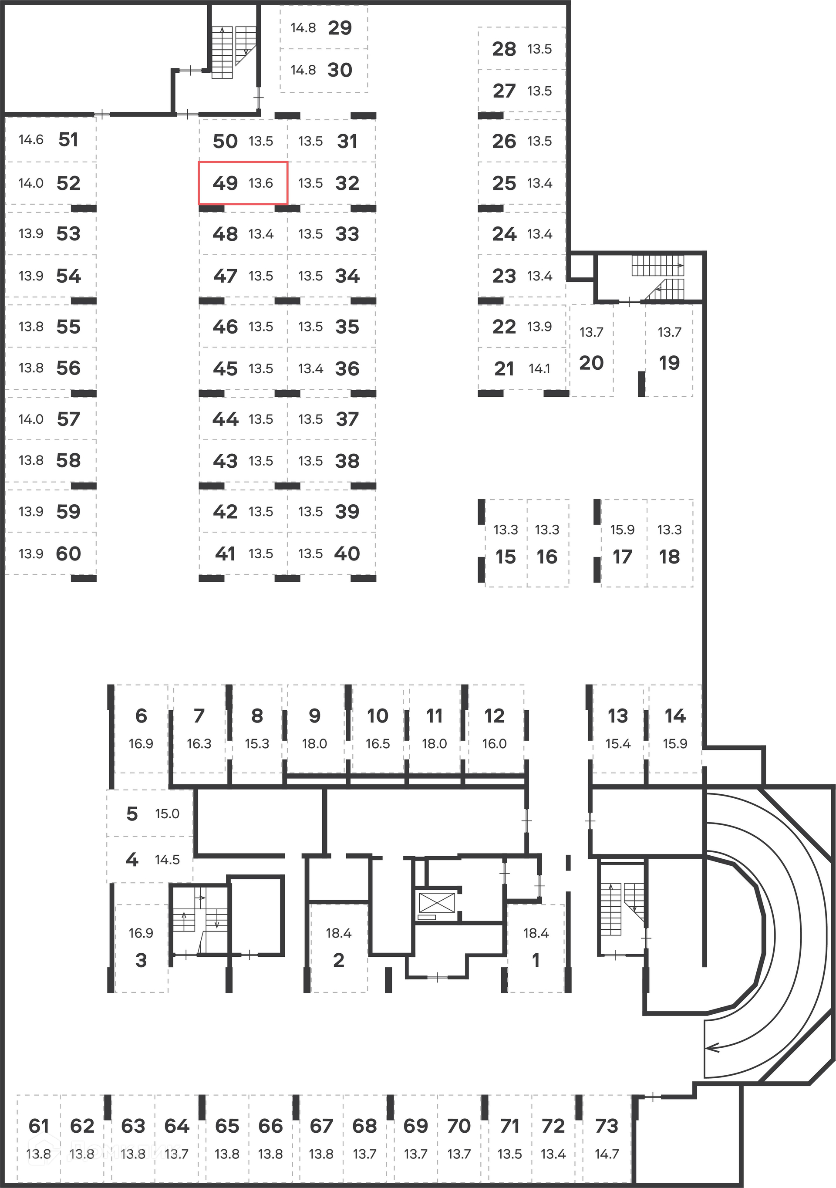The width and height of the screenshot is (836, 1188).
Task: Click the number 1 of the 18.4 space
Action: pyautogui.click(x=536, y=960)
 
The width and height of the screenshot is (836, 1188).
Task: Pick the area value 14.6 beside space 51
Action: pyautogui.click(x=31, y=139)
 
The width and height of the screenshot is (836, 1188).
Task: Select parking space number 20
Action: pyautogui.click(x=591, y=363)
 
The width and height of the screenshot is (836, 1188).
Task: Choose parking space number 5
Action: pyautogui.click(x=132, y=813)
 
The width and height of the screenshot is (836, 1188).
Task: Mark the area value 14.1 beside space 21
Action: pyautogui.click(x=539, y=368)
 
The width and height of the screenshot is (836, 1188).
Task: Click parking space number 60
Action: pyautogui.click(x=68, y=553)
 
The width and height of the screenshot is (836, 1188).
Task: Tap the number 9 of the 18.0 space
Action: pyautogui.click(x=314, y=715)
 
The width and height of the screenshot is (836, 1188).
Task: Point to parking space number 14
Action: pyautogui.click(x=675, y=715)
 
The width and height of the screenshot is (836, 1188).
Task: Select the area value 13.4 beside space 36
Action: pyautogui.click(x=310, y=368)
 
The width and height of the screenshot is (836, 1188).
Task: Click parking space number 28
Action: pyautogui.click(x=504, y=49)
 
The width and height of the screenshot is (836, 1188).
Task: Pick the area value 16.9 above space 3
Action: pyautogui.click(x=141, y=933)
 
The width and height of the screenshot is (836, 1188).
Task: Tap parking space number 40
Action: pyautogui.click(x=347, y=553)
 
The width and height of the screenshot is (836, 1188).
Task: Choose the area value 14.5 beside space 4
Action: pyautogui.click(x=167, y=860)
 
